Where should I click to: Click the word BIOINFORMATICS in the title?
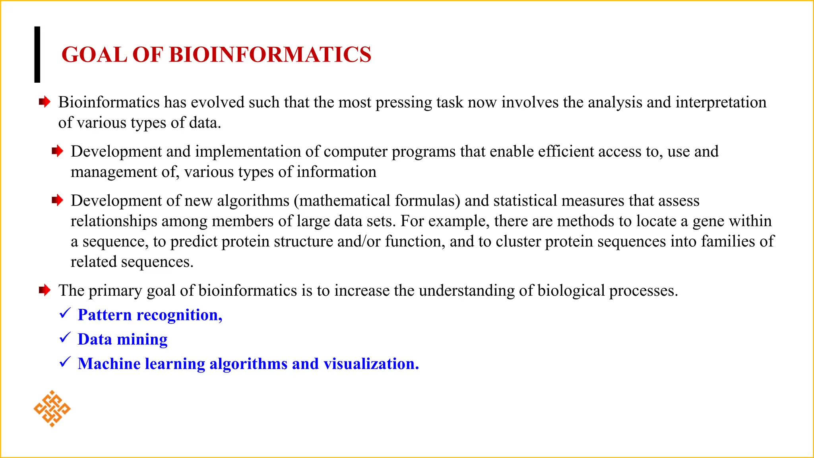point(270,54)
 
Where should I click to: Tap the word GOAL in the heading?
point(94,54)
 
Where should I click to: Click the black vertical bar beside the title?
point(37,54)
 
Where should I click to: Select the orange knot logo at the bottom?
point(52,409)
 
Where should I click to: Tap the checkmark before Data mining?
point(65,338)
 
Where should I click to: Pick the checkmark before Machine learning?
point(65,362)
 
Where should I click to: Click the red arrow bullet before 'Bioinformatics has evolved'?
point(45,102)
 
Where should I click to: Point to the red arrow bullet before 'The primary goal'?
point(45,290)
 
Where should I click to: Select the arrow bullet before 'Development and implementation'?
point(57,151)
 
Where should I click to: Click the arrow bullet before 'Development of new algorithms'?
point(57,200)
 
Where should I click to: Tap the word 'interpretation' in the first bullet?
point(721,103)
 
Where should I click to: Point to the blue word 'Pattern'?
point(105,315)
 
